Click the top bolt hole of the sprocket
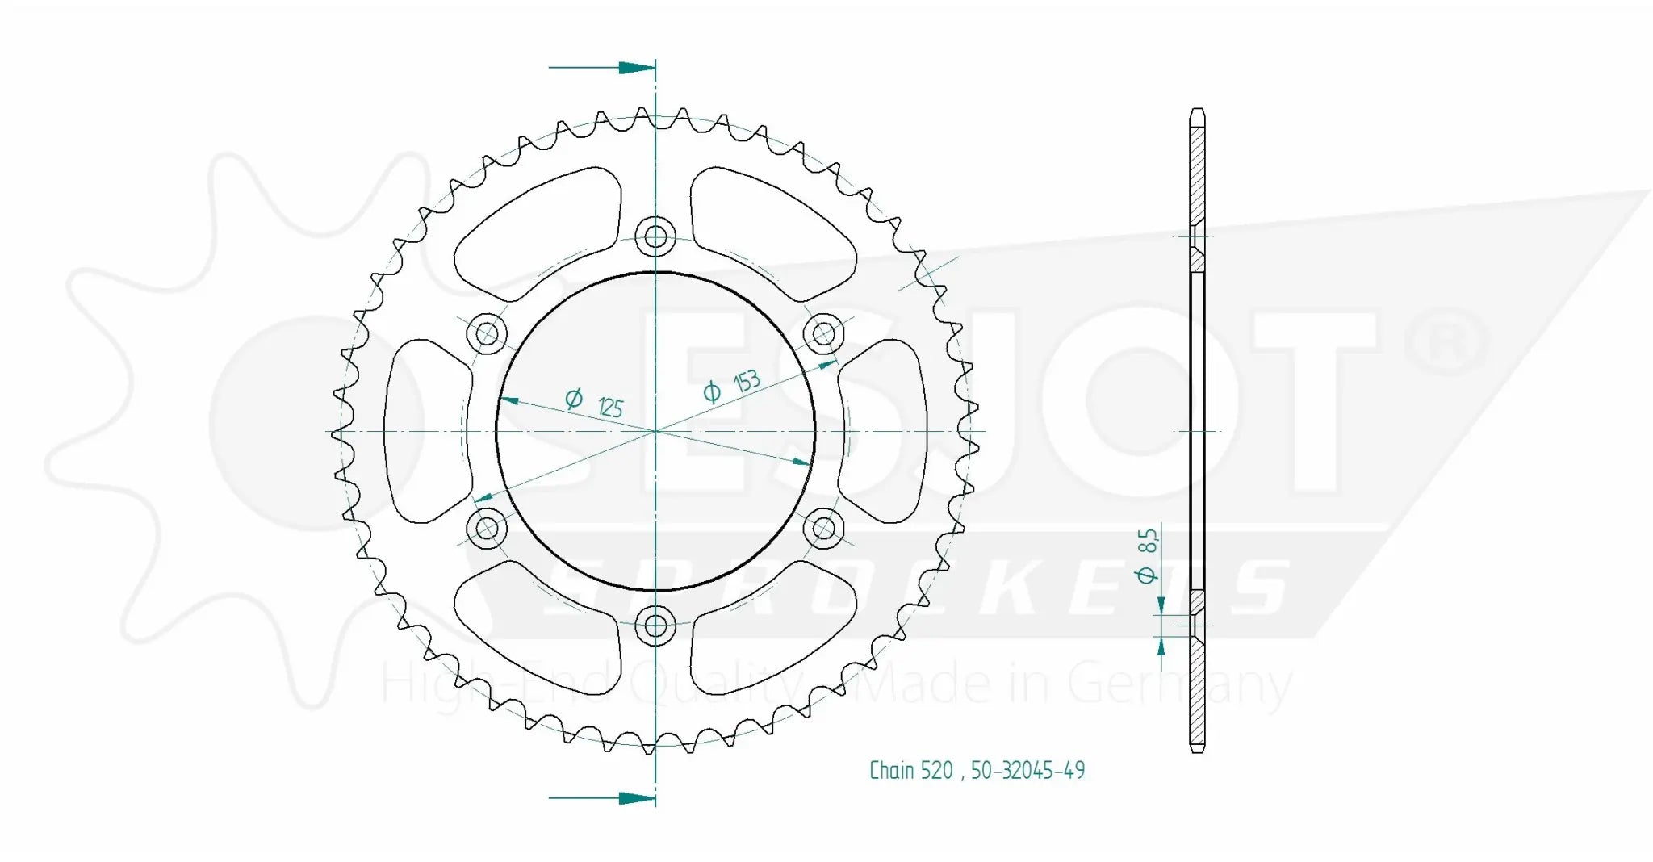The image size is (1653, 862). (655, 236)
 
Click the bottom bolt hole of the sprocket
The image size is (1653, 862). (655, 625)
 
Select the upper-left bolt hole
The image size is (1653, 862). (488, 333)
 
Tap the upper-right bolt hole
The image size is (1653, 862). (823, 333)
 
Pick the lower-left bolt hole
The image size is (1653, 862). (488, 529)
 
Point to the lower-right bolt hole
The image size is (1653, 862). (823, 529)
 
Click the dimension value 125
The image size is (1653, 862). (610, 407)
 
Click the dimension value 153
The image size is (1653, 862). (747, 381)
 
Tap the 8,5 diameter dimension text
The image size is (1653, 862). (1147, 541)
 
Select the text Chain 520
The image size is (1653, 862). (910, 771)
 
